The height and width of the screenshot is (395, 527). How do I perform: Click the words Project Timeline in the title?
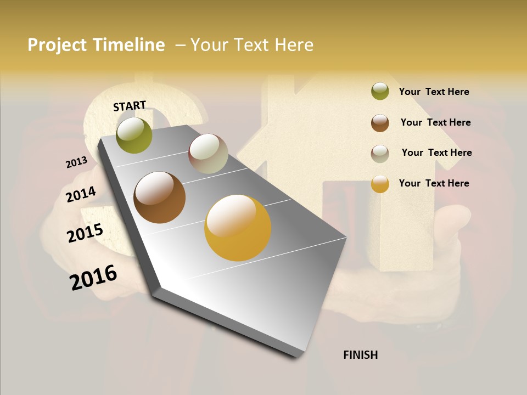[96, 45]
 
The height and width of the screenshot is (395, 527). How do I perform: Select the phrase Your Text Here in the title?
[252, 45]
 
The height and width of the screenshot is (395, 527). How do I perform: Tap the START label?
[130, 106]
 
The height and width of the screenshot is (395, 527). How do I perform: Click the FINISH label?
[361, 355]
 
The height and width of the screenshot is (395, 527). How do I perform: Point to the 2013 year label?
[76, 162]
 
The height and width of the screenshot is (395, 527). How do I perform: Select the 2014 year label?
[81, 194]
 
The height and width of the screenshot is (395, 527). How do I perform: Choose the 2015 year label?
[85, 233]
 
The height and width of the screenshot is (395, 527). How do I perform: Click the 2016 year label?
[93, 277]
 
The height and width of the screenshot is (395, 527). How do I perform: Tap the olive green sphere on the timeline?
[134, 135]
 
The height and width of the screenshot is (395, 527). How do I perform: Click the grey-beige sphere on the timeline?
[208, 154]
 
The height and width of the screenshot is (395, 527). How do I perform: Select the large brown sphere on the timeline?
[159, 198]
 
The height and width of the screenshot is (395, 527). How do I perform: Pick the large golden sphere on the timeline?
[238, 228]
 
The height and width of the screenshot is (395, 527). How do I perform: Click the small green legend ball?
[380, 91]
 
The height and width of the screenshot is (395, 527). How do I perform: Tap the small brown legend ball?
[380, 123]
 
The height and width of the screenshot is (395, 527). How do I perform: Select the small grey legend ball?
[380, 154]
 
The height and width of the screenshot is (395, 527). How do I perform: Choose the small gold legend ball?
[380, 184]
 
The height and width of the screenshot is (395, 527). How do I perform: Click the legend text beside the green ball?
[434, 92]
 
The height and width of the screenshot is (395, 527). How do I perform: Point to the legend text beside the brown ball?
[435, 122]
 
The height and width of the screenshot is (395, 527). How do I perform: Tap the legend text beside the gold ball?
[434, 183]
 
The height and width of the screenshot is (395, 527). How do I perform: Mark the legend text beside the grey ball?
[436, 153]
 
